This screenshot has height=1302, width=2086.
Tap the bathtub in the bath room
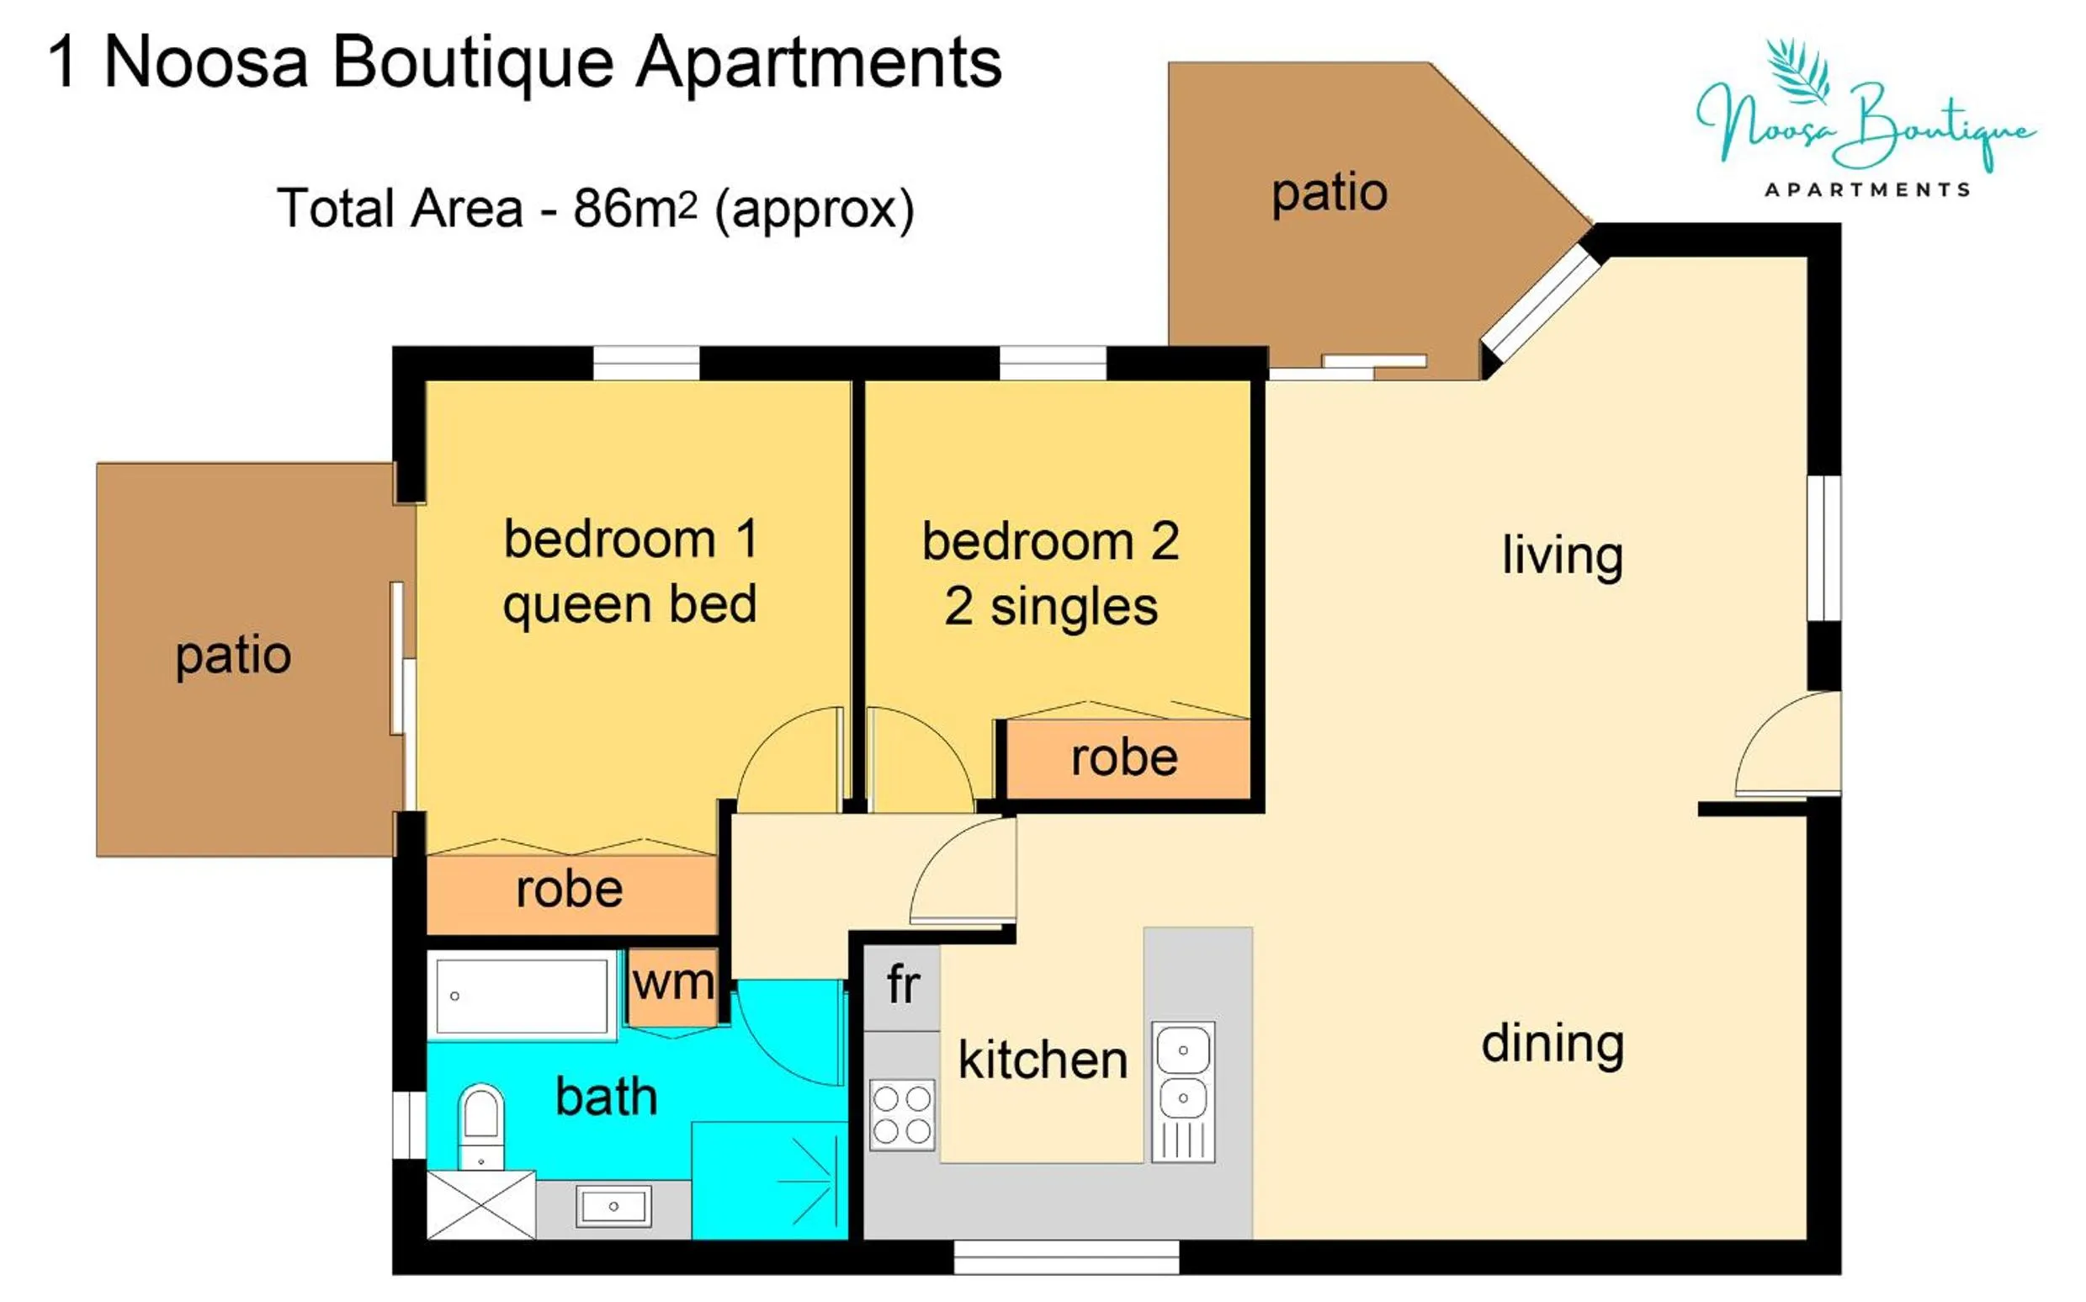tap(522, 996)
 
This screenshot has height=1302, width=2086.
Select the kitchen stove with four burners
tap(901, 1114)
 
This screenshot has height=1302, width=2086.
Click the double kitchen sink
tap(1183, 1091)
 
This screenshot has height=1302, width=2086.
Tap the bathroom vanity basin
tap(613, 1205)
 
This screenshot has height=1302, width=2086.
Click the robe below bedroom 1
tap(570, 890)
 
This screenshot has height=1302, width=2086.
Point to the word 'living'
tap(1563, 555)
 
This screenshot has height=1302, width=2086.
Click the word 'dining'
tap(1553, 1044)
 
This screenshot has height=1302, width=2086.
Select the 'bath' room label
tap(606, 1097)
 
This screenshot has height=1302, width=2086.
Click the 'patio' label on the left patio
tap(233, 656)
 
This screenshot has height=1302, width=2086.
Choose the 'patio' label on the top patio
tap(1330, 192)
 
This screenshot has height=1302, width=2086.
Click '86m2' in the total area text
tap(634, 210)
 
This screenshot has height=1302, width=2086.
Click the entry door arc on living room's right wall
tap(1786, 746)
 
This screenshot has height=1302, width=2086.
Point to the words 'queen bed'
tap(629, 605)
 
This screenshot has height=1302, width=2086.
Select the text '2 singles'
tap(1050, 607)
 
